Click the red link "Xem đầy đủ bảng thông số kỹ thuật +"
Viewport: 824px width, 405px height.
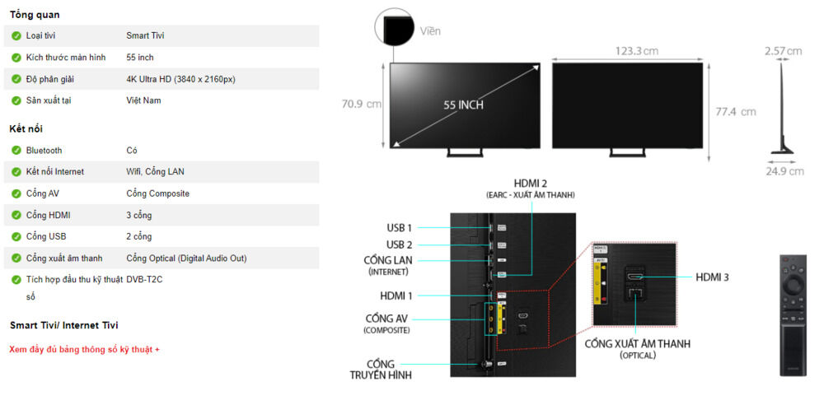[x=84, y=349]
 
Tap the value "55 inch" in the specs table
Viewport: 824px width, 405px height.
[x=140, y=58]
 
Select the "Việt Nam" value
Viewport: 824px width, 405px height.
[x=143, y=100]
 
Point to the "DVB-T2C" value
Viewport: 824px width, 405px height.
[x=144, y=279]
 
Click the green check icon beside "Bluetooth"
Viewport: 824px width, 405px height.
[x=16, y=151]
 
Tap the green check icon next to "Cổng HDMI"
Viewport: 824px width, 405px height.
[x=16, y=215]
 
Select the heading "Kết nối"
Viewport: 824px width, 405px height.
[x=26, y=128]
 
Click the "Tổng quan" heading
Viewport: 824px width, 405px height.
[x=35, y=15]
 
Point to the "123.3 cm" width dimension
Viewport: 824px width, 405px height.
[x=636, y=51]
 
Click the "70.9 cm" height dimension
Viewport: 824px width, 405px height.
[x=362, y=105]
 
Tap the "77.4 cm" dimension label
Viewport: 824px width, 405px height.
[x=736, y=111]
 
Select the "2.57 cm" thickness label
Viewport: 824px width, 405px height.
[x=783, y=51]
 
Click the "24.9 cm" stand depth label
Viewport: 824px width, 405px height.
[x=784, y=171]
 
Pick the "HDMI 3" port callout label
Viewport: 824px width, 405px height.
[x=712, y=277]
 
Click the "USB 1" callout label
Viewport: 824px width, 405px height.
[x=399, y=227]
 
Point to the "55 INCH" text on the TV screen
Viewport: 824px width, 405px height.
[x=463, y=105]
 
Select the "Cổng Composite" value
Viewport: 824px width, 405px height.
[x=157, y=193]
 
